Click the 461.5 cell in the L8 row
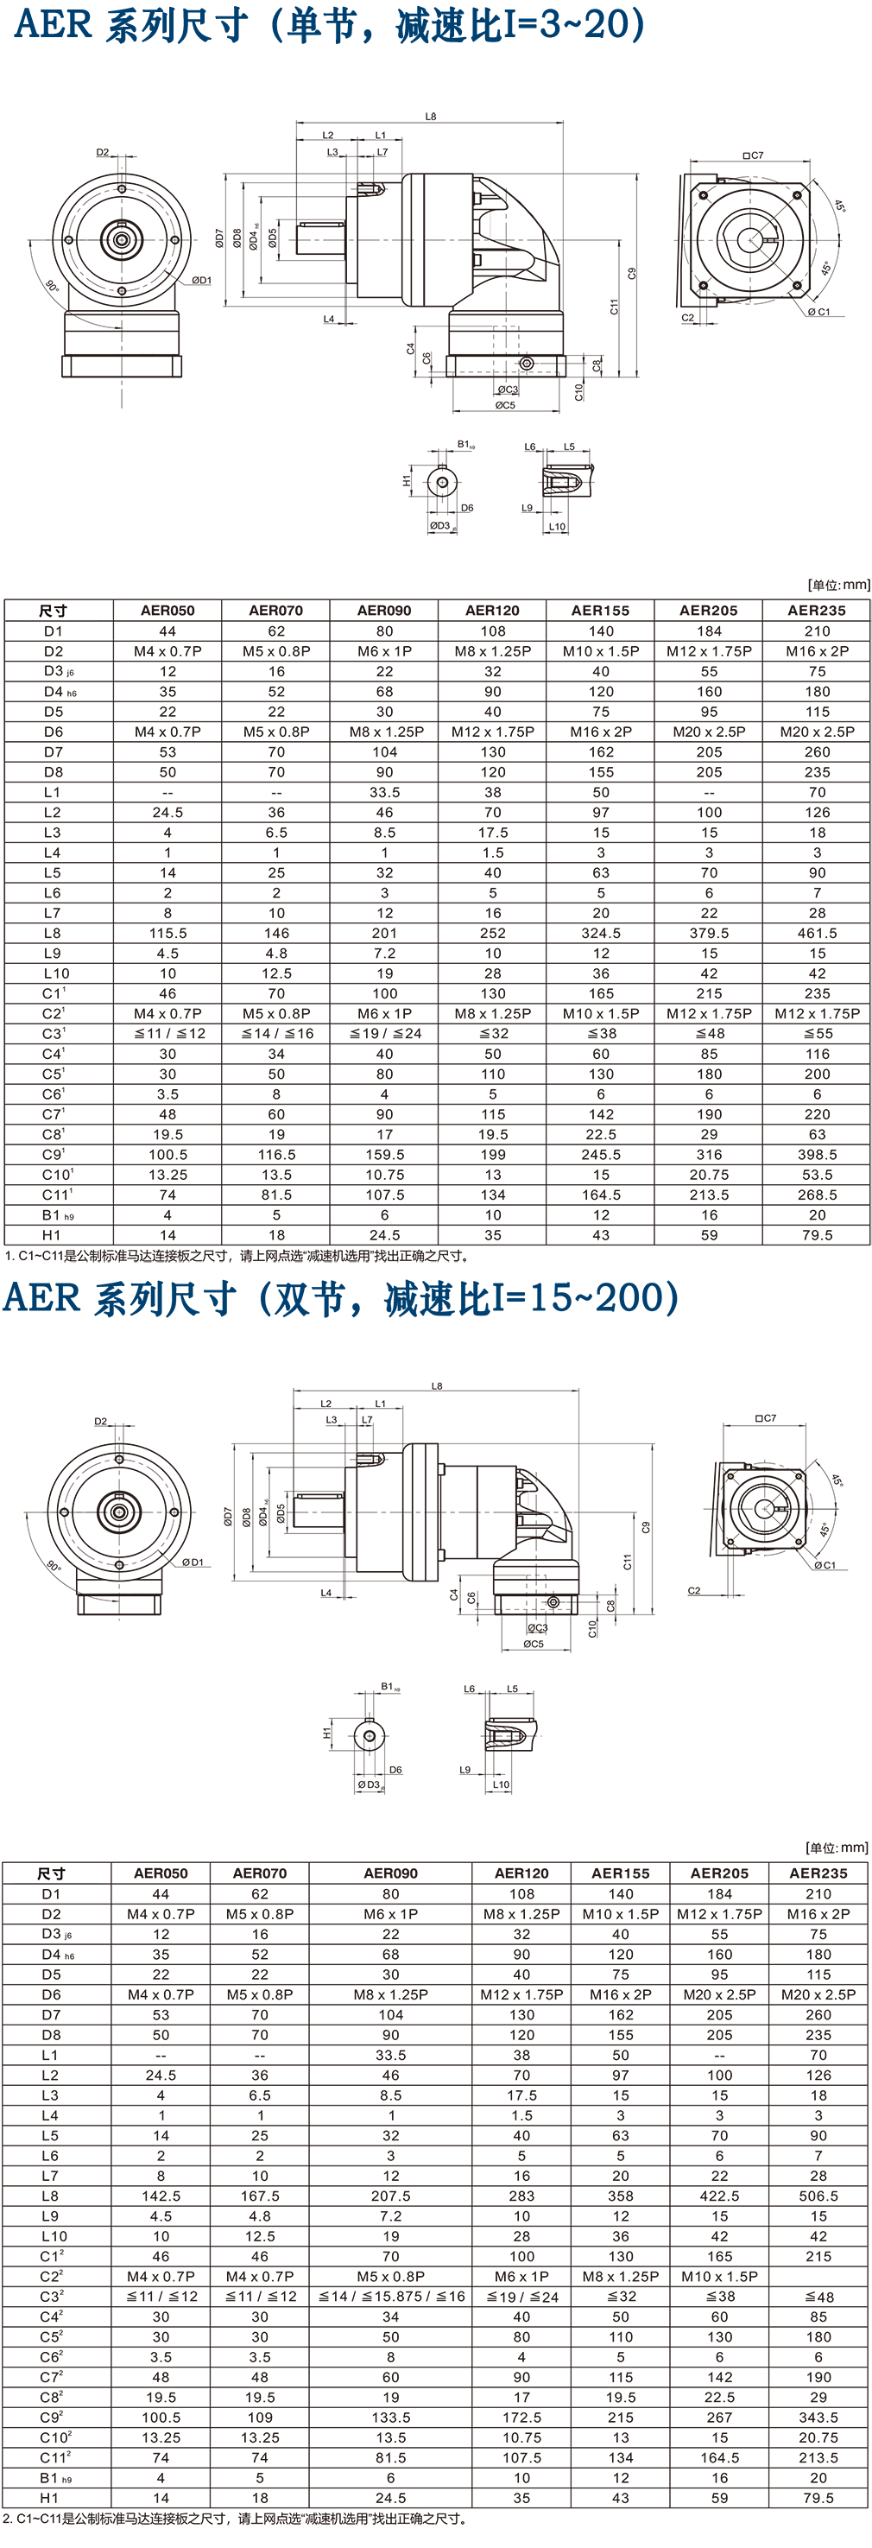coord(817,933)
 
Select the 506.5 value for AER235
coord(818,2195)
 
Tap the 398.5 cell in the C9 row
coord(817,1154)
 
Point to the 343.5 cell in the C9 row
coord(818,2417)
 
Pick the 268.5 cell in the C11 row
coord(817,1195)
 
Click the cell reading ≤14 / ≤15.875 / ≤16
coord(390,2296)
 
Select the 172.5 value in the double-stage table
coord(521,2417)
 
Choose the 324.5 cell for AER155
coord(600,933)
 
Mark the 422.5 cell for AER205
coord(719,2195)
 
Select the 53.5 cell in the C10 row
coord(817,1174)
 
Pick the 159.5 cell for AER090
coord(384,1154)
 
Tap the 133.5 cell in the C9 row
coord(390,2417)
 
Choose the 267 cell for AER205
coord(719,2417)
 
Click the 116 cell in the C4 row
coord(817,1054)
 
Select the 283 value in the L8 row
coord(521,2195)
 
